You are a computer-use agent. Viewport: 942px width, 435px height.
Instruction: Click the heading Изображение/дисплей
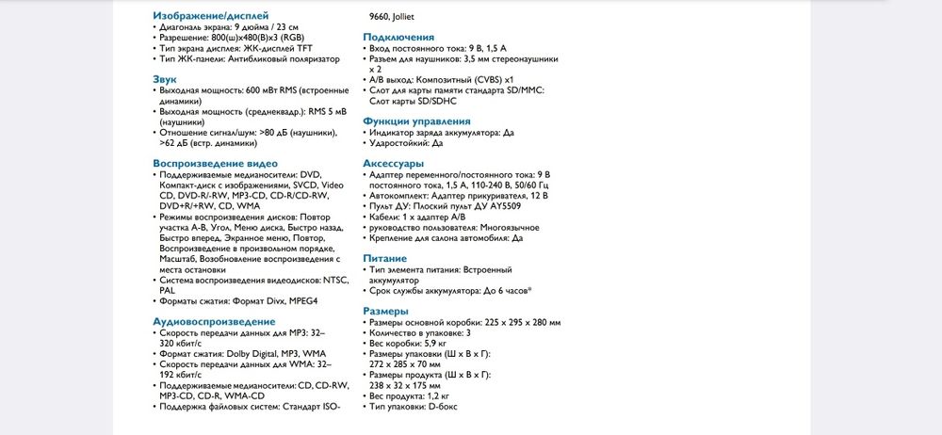[210, 16]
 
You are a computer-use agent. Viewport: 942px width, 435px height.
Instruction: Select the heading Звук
[165, 79]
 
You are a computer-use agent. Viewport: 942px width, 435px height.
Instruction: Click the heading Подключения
[398, 37]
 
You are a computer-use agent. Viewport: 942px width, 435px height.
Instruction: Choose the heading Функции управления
[416, 121]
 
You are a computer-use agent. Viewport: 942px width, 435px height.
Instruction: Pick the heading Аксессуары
[394, 163]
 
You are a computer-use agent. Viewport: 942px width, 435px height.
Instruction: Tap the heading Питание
[385, 258]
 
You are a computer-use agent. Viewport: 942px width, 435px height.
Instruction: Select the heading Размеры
[386, 311]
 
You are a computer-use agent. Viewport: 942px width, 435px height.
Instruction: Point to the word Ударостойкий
[400, 143]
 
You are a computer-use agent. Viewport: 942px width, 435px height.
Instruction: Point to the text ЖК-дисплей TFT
[278, 48]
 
